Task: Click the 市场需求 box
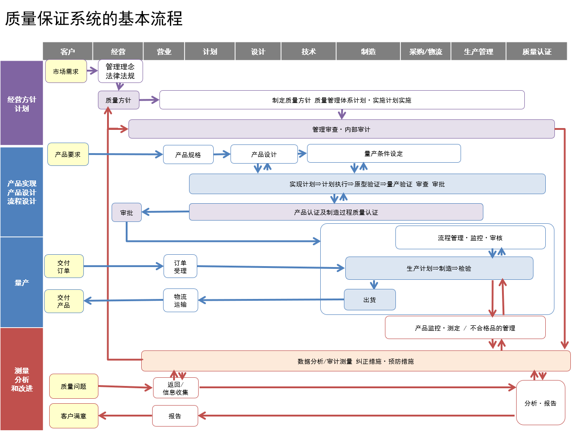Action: coord(66,72)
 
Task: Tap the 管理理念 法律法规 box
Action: coord(120,71)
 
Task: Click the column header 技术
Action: coord(308,51)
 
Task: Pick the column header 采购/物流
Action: coord(425,51)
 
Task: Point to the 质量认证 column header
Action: coord(537,51)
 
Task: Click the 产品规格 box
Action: coord(188,154)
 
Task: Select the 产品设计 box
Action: coord(264,154)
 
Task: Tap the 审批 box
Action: coord(127,212)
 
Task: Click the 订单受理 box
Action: coord(180,266)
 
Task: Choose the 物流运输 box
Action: coord(180,300)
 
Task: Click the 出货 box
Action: coord(369,300)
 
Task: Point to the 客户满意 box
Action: coord(73,416)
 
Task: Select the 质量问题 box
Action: coord(73,386)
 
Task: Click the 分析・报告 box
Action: coord(540,403)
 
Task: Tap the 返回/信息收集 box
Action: coord(175,388)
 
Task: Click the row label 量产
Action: coord(21,283)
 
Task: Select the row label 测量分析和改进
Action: coord(21,379)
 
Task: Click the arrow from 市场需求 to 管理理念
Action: coord(92,71)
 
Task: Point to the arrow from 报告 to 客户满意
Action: coord(125,415)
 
